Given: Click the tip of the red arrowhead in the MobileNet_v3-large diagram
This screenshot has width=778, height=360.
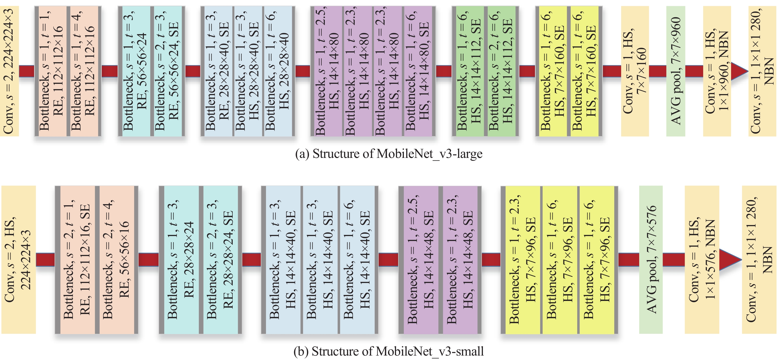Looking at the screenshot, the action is pos(748,72).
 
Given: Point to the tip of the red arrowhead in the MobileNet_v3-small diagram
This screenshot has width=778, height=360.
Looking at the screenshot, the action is pos(741,259).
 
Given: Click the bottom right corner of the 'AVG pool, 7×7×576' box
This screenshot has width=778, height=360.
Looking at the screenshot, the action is pos(663,333).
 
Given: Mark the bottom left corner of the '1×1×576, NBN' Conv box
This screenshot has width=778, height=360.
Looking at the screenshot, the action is pos(685,333).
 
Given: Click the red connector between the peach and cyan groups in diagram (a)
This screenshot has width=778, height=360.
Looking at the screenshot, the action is pos(109,71).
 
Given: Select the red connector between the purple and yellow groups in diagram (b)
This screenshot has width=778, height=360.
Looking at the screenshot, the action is pos(491,260).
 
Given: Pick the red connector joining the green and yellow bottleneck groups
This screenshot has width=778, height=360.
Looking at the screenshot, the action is pos(527,71).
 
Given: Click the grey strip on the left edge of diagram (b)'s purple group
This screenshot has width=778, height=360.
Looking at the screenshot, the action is pos(401,260).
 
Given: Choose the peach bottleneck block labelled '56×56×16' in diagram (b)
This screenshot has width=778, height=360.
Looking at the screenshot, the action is pos(117,260).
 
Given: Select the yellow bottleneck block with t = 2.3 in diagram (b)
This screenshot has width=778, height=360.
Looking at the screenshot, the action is pos(522,260).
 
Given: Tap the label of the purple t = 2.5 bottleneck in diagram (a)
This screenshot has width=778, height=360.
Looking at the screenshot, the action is pos(327,71).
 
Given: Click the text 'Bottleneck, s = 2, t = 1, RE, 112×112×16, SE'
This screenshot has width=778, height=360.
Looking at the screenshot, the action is pos(77,260).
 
